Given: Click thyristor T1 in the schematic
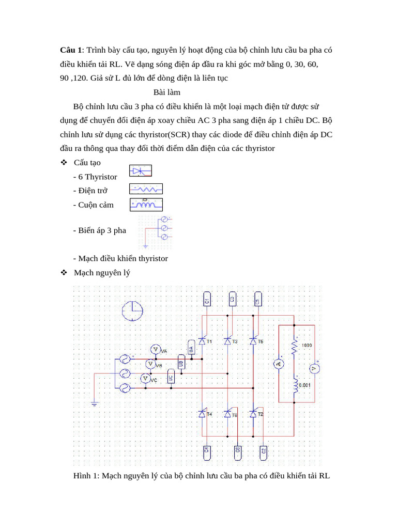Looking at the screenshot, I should click(202, 341).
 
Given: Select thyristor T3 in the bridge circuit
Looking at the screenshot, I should click(227, 341).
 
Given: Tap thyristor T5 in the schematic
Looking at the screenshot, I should click(253, 341).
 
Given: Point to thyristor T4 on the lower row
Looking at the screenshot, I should click(202, 414).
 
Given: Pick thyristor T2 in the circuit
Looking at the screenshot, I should click(253, 414).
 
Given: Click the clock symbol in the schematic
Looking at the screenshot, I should click(132, 311).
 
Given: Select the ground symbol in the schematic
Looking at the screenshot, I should click(95, 404).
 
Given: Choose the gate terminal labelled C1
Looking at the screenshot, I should click(206, 300).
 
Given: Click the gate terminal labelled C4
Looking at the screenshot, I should click(206, 452).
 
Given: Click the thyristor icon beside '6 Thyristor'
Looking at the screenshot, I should click(140, 171).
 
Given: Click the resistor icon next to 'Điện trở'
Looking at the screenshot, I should click(146, 189).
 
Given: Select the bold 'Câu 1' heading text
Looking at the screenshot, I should click(71, 50).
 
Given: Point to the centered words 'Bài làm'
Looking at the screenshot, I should click(166, 92).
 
